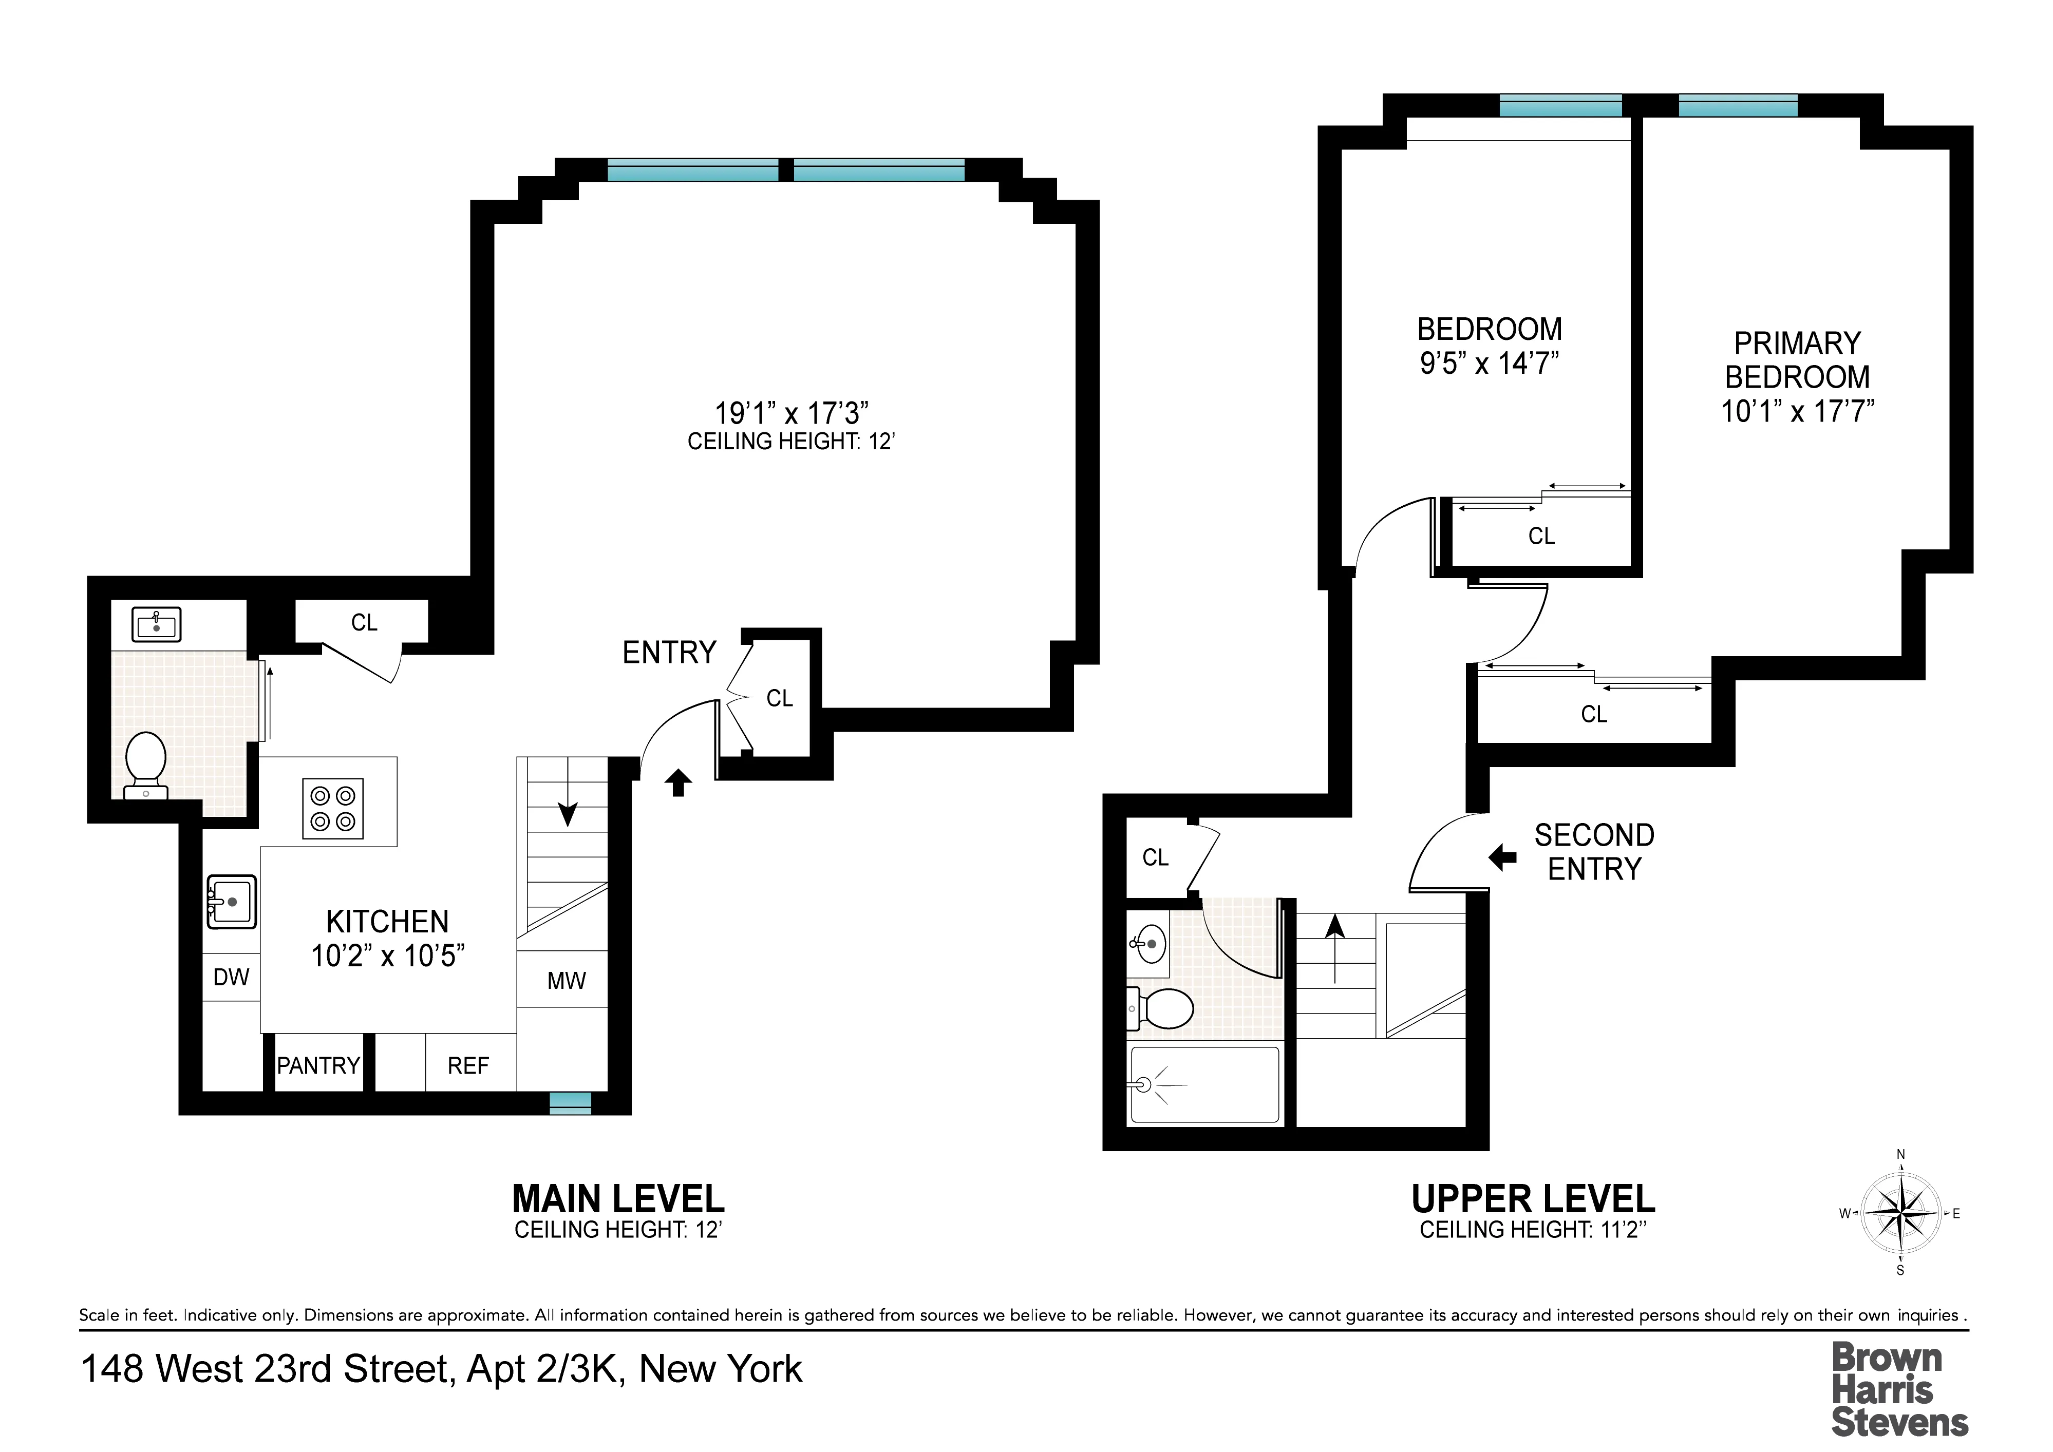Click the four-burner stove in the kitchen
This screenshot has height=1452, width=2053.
[333, 808]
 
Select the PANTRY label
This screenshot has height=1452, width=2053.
[318, 1066]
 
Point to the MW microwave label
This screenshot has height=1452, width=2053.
[566, 981]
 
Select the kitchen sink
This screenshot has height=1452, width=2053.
[232, 901]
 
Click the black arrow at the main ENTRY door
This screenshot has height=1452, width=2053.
[678, 782]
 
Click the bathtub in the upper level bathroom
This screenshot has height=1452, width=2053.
[1204, 1085]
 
